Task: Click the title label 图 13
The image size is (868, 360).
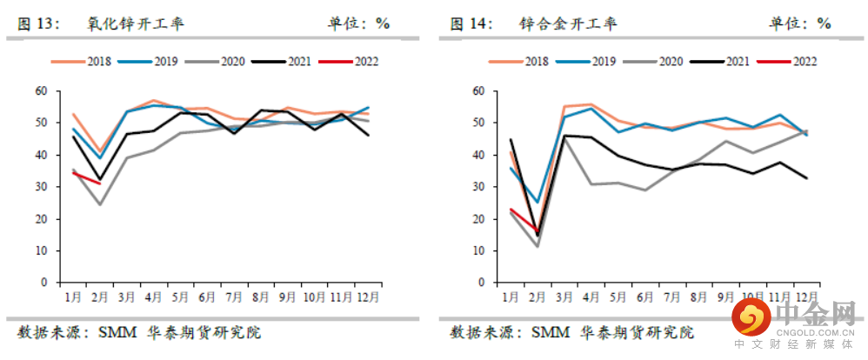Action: pyautogui.click(x=37, y=23)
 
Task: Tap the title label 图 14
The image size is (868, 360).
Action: pyautogui.click(x=471, y=23)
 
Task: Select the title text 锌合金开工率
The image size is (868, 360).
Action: pyautogui.click(x=567, y=23)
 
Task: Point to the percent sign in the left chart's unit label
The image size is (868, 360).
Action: pyautogui.click(x=383, y=23)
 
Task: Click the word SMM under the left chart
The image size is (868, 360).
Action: pyautogui.click(x=116, y=332)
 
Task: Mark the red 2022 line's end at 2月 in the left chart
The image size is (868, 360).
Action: pyautogui.click(x=100, y=183)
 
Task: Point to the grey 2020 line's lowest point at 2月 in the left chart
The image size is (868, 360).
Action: pyautogui.click(x=100, y=204)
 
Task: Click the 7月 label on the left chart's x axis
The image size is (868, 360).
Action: pyautogui.click(x=233, y=297)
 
